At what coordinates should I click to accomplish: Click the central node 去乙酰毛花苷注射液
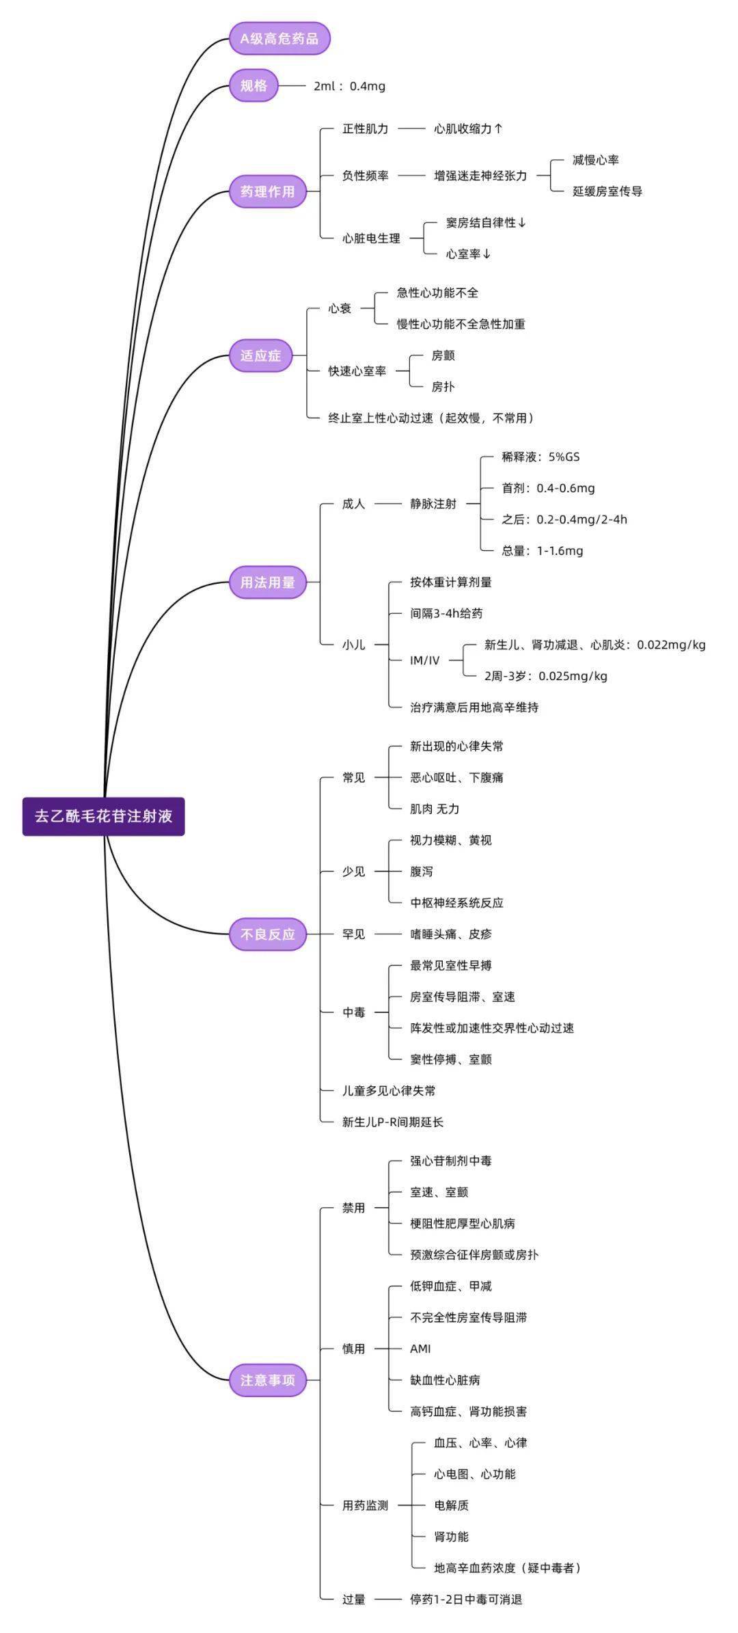[x=103, y=816]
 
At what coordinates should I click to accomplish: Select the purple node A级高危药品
[x=279, y=39]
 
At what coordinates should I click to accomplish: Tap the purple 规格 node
[x=254, y=85]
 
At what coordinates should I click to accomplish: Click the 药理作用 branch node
[x=267, y=191]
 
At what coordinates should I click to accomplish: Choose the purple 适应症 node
[x=260, y=355]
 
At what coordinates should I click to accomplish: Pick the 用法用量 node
[x=267, y=582]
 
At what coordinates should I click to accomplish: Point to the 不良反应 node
[x=267, y=934]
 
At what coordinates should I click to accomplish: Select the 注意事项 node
[x=267, y=1380]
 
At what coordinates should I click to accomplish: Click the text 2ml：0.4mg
[x=349, y=86]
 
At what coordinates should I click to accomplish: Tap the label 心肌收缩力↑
[x=468, y=129]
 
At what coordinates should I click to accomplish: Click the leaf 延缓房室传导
[x=607, y=191]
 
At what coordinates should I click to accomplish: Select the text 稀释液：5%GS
[x=541, y=457]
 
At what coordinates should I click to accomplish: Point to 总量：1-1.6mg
[x=543, y=551]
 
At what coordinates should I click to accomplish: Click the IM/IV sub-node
[x=424, y=660]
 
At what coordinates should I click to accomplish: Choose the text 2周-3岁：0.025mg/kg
[x=545, y=676]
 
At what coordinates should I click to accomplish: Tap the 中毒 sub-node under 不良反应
[x=353, y=1012]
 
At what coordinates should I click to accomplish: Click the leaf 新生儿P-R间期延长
[x=392, y=1122]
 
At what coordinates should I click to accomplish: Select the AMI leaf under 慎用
[x=420, y=1349]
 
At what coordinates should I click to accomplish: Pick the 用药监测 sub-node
[x=365, y=1505]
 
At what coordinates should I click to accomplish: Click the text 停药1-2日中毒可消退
[x=466, y=1599]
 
